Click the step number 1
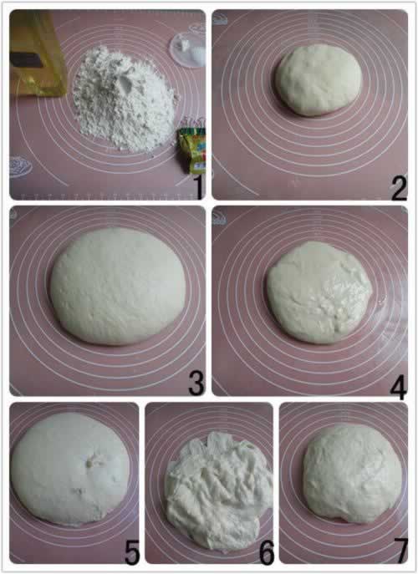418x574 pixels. (x=198, y=187)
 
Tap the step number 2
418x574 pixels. (x=399, y=188)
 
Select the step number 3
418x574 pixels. (x=196, y=384)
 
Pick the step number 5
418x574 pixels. (x=132, y=552)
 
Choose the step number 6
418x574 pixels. (x=267, y=552)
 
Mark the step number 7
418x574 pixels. (x=400, y=551)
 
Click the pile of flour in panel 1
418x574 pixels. (x=125, y=99)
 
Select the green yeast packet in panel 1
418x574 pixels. (x=192, y=150)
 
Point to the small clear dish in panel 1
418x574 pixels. (x=187, y=49)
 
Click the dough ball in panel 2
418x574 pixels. (x=319, y=80)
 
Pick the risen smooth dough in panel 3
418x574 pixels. (x=118, y=287)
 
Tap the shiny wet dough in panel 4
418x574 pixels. (x=319, y=292)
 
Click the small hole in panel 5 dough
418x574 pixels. (x=89, y=464)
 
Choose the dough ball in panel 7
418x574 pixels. (x=352, y=475)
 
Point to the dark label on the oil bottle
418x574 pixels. (x=27, y=59)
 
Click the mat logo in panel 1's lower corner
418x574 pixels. (x=21, y=167)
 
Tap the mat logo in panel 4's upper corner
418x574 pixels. (x=220, y=219)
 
